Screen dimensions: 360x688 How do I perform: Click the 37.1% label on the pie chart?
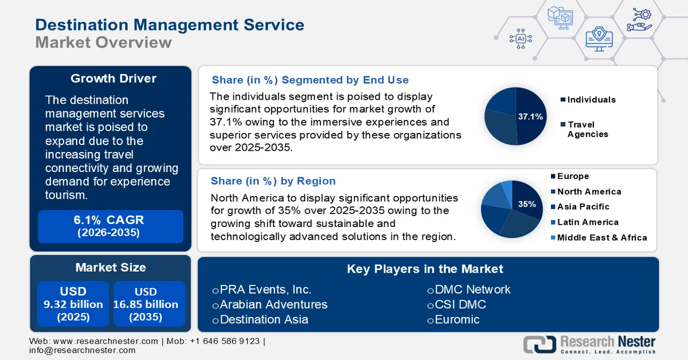[530, 116]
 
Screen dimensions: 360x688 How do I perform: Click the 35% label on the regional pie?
[527, 204]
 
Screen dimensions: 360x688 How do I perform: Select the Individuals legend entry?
[588, 100]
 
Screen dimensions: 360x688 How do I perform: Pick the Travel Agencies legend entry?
[587, 129]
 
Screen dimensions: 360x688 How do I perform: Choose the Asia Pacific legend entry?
[580, 206]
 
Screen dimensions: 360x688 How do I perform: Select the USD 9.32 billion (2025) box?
[73, 304]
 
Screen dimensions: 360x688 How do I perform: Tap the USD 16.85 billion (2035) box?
[149, 304]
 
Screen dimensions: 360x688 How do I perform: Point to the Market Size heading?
[111, 267]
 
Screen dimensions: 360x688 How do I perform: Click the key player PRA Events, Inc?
[265, 289]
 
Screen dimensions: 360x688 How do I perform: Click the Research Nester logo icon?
[539, 344]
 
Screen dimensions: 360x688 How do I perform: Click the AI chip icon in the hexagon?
[521, 38]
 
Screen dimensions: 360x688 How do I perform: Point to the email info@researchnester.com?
[83, 350]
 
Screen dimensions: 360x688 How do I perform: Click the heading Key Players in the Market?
[425, 269]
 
